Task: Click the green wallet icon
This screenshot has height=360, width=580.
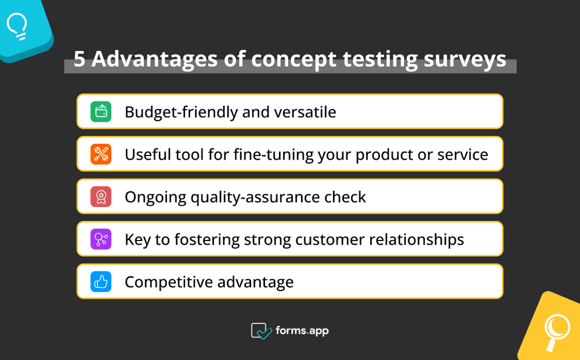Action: tap(101, 111)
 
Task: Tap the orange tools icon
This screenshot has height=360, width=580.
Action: tap(101, 154)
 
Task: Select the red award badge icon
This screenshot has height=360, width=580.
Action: tap(101, 197)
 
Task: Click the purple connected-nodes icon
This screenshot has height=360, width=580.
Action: tap(101, 239)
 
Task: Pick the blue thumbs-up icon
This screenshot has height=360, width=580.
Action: tap(101, 282)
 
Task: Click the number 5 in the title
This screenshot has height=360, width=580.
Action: tap(79, 59)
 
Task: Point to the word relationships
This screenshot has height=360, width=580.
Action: tap(414, 239)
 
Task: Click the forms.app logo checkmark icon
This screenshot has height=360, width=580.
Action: tap(261, 331)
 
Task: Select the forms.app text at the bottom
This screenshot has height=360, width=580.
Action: tap(302, 330)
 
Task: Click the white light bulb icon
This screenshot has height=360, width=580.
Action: tap(17, 26)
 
